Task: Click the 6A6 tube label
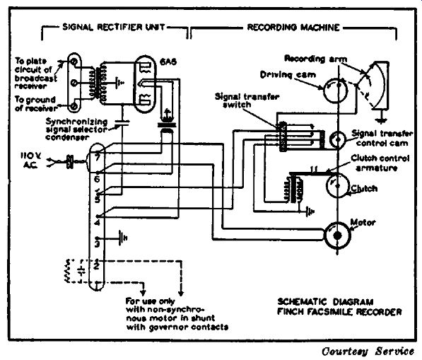tap(168, 62)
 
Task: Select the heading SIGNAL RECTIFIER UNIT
tap(114, 27)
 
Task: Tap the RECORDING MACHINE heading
tap(293, 27)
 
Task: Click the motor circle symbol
tap(337, 236)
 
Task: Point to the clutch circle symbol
tap(337, 185)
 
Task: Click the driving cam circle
tap(336, 91)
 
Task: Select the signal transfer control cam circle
tap(337, 139)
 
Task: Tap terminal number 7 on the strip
tap(97, 157)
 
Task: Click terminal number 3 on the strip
tap(97, 244)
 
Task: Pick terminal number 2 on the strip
tap(97, 267)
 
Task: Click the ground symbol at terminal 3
tap(123, 238)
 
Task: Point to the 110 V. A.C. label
tap(30, 161)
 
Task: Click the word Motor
tap(363, 222)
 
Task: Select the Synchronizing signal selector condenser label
tap(77, 129)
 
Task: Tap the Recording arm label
tap(316, 59)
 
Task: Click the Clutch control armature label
tap(380, 163)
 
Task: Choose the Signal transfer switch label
tap(247, 100)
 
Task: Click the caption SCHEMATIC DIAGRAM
tap(325, 301)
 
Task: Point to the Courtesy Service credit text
tap(368, 352)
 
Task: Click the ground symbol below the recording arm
tap(381, 119)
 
